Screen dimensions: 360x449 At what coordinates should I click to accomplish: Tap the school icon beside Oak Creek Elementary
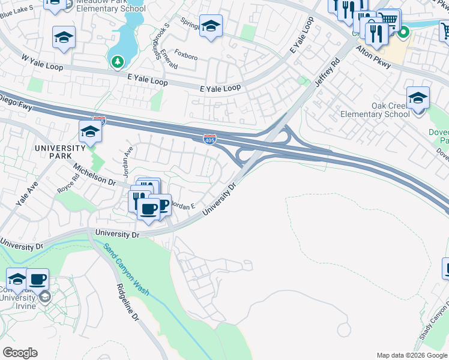[418, 97]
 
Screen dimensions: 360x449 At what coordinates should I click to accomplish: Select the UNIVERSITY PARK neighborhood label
[60, 152]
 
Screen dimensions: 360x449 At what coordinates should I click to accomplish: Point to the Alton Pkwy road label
[373, 58]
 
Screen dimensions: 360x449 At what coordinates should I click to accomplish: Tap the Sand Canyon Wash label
[126, 269]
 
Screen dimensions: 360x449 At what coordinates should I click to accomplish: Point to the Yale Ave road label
[27, 194]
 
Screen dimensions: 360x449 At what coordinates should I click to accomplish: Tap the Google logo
[20, 353]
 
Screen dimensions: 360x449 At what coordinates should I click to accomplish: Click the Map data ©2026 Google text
[412, 355]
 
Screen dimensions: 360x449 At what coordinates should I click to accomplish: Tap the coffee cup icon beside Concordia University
[38, 278]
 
